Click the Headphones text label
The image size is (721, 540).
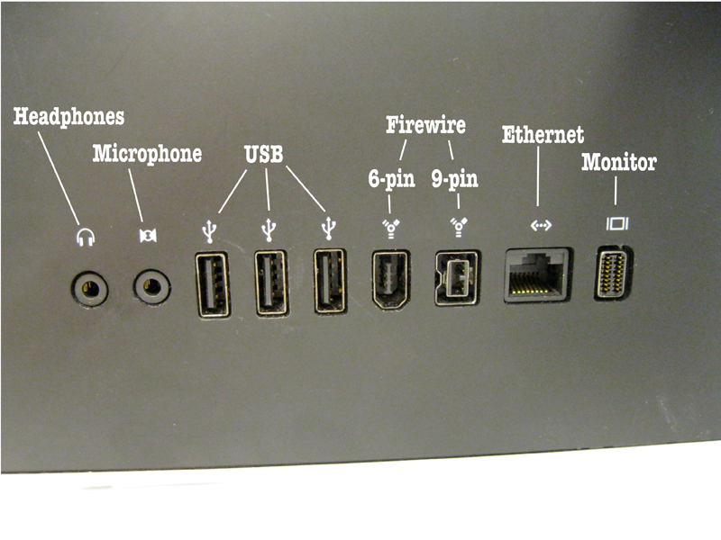[68, 117]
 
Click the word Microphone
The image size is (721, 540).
[147, 154]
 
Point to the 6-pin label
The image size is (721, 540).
[392, 178]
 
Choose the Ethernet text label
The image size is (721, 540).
[542, 135]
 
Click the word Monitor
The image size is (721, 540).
[618, 163]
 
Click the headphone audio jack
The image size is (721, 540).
[89, 289]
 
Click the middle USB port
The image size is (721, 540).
[270, 283]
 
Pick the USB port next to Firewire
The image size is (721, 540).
[329, 282]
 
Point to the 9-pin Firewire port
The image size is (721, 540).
[457, 275]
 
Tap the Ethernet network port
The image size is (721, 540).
[537, 274]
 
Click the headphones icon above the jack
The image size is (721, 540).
[87, 238]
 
